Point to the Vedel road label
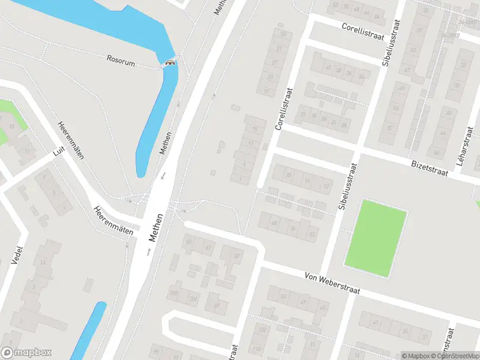point(16,256)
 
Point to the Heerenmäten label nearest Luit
point(70,140)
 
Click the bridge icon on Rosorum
point(170,63)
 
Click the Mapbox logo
point(26,353)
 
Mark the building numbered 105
point(175,293)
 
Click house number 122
point(262,330)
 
